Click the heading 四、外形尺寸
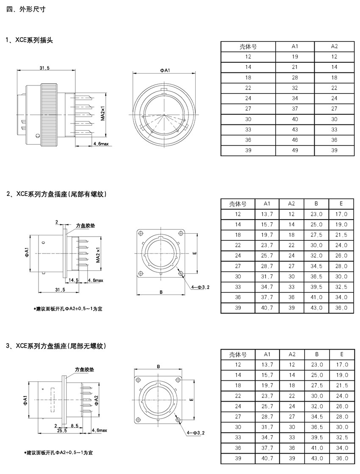click(x=26, y=9)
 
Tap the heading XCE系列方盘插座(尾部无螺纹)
click(x=61, y=346)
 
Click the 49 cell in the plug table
click(x=295, y=150)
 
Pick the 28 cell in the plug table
click(x=295, y=77)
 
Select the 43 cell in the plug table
click(x=295, y=130)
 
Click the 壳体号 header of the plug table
click(x=248, y=47)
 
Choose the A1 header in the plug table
click(x=295, y=46)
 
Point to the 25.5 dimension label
click(x=62, y=431)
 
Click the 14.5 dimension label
click(x=74, y=280)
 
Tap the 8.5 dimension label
click(x=75, y=426)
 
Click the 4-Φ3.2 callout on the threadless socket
click(x=196, y=433)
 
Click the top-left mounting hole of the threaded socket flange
click(x=140, y=233)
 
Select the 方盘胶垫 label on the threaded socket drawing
click(x=85, y=226)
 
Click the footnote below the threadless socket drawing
click(x=59, y=452)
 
